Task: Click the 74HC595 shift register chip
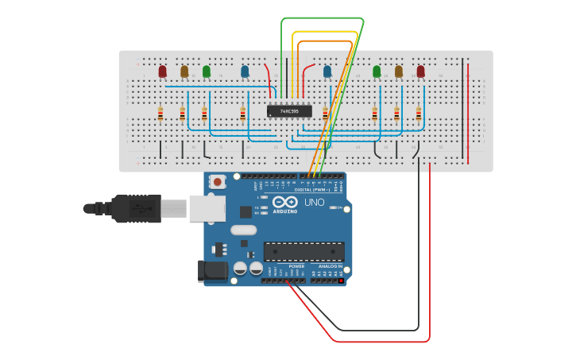click(x=289, y=111)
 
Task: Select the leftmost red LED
click(x=163, y=72)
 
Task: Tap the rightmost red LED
click(x=420, y=72)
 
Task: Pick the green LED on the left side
click(x=207, y=72)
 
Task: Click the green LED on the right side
click(x=377, y=72)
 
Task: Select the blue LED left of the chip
click(x=245, y=72)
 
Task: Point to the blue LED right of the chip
click(x=327, y=72)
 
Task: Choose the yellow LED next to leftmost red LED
click(x=184, y=72)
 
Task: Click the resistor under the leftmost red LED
click(x=160, y=114)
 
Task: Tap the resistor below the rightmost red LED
click(x=419, y=114)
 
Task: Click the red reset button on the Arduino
click(x=218, y=182)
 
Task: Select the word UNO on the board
click(x=315, y=203)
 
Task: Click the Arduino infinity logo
click(x=284, y=202)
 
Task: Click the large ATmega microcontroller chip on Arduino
click(x=304, y=251)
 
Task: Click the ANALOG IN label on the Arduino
click(x=328, y=266)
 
